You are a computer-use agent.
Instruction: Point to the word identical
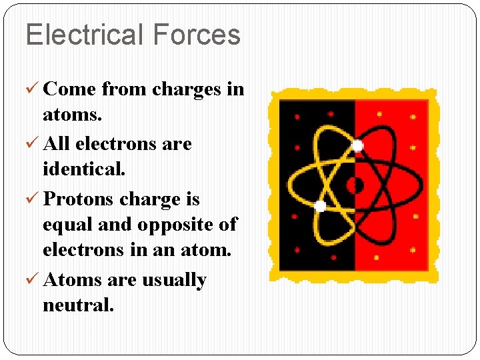(x=83, y=169)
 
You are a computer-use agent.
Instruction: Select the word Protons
(x=77, y=199)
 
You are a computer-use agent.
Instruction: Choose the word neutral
(x=78, y=305)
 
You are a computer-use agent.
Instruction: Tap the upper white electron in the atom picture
(x=357, y=145)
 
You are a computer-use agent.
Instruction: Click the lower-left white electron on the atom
(x=320, y=206)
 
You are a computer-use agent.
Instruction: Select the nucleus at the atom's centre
(x=355, y=185)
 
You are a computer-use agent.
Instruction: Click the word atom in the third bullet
(x=206, y=251)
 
